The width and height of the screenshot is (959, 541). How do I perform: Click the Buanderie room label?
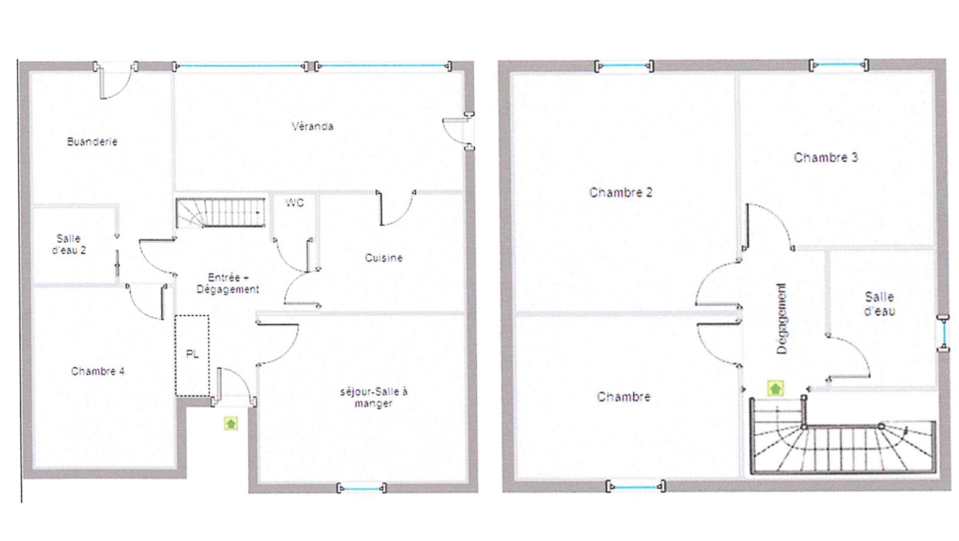92,142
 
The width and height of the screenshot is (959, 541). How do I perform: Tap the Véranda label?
312,127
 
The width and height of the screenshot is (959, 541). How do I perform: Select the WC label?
294,203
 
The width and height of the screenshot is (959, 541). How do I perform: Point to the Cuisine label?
384,258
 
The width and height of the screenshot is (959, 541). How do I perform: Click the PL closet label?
192,354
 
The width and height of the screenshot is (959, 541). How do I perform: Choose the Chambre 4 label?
98,371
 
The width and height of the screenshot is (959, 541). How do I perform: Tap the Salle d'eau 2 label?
69,244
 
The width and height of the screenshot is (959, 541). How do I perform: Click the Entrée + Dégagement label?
228,283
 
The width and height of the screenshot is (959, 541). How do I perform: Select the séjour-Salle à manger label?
374,398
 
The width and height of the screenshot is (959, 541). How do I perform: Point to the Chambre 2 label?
621,193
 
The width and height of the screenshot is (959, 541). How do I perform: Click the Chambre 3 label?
826,158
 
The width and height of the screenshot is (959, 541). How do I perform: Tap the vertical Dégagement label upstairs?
782,318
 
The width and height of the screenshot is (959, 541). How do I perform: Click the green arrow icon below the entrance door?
231,423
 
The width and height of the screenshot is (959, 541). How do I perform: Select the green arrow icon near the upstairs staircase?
776,389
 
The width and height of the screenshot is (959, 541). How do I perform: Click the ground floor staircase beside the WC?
220,212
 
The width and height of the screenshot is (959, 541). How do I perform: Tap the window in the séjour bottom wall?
362,488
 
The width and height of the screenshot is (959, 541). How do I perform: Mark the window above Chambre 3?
839,65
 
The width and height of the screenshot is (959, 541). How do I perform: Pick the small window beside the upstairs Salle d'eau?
943,333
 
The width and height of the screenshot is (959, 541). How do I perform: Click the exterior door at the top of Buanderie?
116,80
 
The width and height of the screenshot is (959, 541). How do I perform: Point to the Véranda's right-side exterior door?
459,131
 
